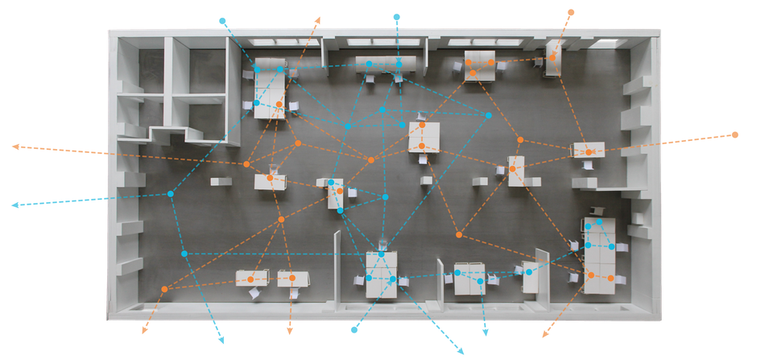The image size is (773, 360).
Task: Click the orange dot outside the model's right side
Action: tap(734, 134)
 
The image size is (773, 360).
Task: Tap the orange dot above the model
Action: tap(571, 12)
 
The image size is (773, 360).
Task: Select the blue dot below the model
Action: tap(353, 329)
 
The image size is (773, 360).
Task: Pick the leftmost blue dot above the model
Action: tap(223, 19)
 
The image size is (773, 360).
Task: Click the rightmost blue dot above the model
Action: tap(396, 16)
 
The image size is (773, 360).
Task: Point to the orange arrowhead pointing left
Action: tap(15, 147)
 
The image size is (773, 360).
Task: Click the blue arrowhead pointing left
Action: tap(14, 205)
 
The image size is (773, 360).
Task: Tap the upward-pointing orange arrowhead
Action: tap(318, 19)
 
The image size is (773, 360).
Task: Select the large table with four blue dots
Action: tap(599, 251)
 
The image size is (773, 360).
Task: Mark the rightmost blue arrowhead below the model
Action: tap(484, 333)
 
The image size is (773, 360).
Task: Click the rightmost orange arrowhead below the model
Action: tap(545, 333)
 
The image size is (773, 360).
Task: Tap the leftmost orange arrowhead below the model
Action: tap(144, 329)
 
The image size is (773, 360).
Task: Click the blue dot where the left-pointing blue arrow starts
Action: tap(172, 193)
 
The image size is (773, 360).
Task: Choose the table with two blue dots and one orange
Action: tap(336, 194)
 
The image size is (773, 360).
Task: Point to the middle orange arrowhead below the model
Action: tap(289, 330)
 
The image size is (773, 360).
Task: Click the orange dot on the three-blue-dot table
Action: tap(279, 105)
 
